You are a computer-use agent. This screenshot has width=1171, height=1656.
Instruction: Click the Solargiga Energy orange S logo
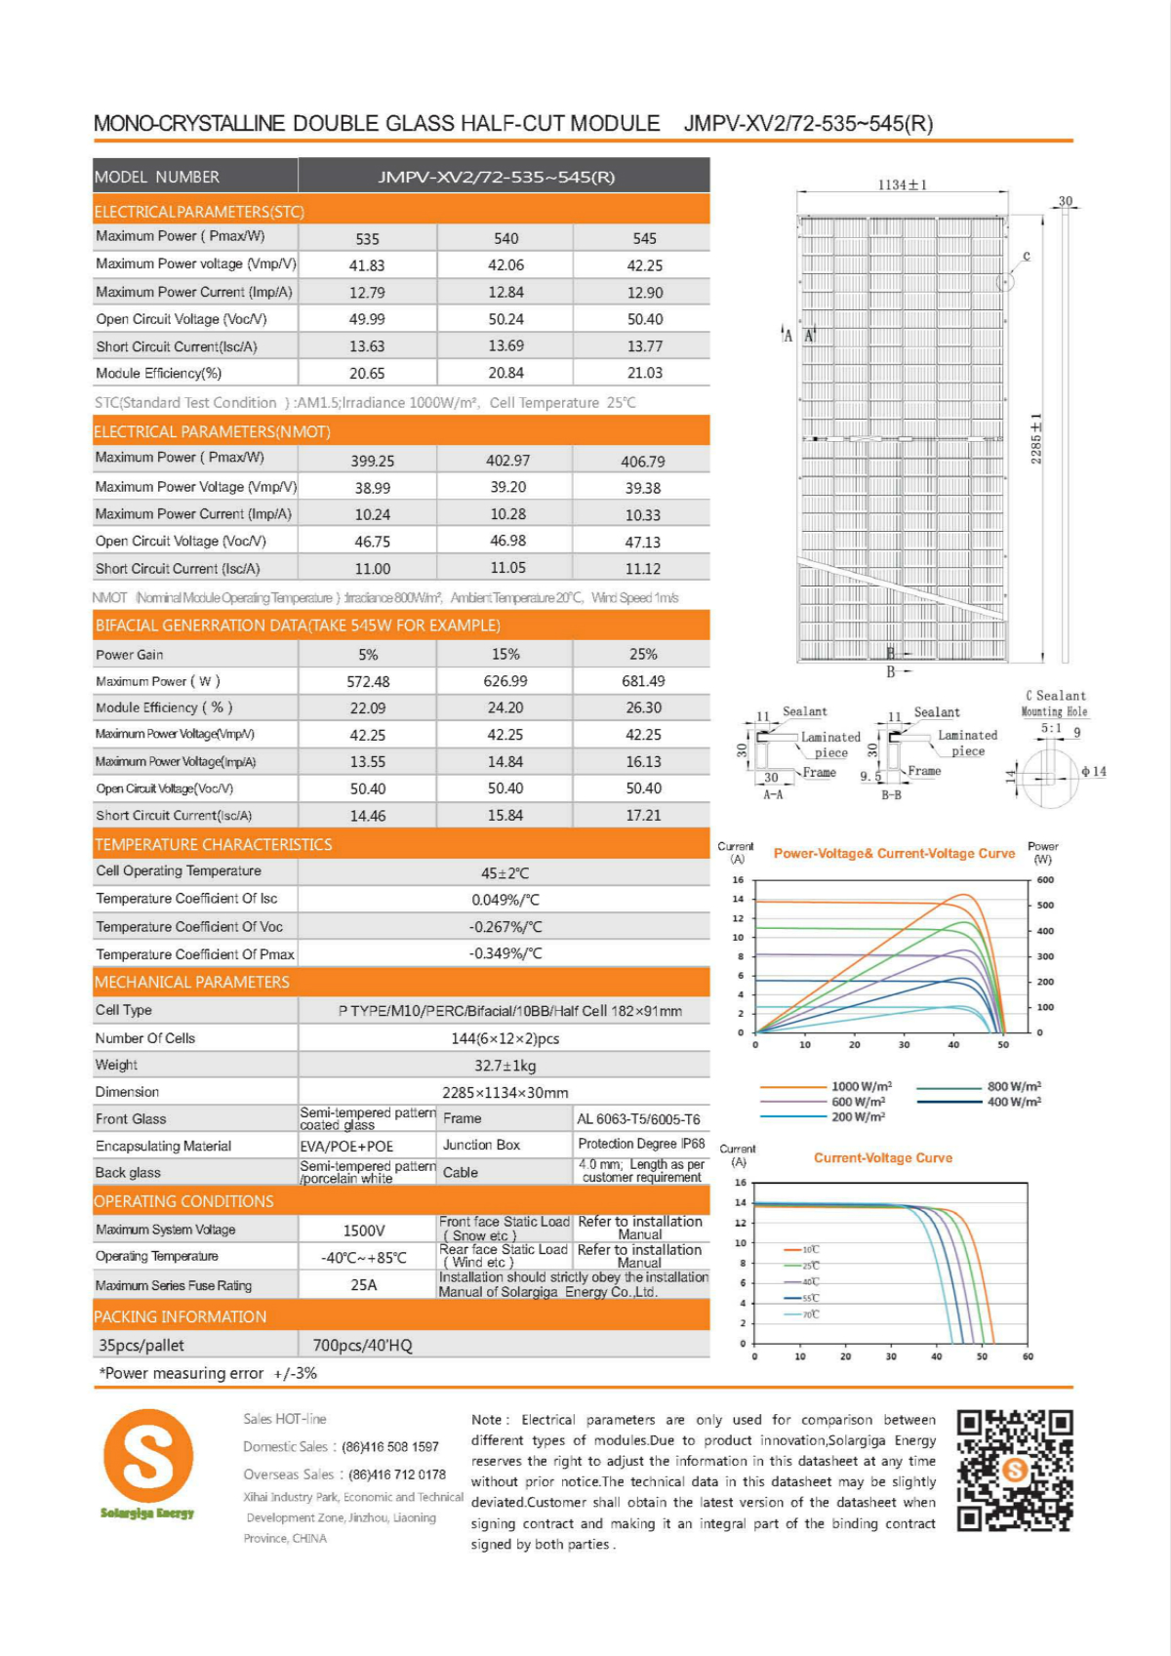(148, 1455)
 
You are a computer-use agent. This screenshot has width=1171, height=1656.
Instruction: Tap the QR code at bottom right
(1014, 1470)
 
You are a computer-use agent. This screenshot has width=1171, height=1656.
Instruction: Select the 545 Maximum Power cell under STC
(644, 238)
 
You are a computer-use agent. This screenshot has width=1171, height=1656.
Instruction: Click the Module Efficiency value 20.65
(367, 373)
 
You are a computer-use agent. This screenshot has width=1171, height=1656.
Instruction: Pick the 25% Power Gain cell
(643, 654)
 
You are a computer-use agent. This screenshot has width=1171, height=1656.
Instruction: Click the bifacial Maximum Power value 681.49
(643, 681)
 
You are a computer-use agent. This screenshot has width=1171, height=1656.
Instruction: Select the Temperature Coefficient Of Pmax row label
(195, 954)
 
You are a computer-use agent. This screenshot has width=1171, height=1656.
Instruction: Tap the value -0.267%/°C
(505, 927)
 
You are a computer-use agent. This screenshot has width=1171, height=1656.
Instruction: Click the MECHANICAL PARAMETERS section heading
(192, 982)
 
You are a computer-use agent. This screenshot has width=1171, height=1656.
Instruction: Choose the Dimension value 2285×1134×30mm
(505, 1093)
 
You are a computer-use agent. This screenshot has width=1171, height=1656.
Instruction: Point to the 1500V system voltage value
(364, 1231)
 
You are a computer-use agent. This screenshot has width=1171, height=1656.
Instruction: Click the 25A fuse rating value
(364, 1285)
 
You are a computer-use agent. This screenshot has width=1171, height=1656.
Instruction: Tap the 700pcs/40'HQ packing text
(362, 1346)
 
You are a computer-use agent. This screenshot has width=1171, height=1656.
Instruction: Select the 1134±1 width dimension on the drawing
(903, 184)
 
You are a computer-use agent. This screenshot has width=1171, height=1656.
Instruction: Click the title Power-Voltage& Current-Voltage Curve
(894, 853)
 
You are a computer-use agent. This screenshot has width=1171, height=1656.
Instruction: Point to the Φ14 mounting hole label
(1094, 772)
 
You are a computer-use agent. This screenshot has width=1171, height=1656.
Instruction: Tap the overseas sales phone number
(397, 1474)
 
